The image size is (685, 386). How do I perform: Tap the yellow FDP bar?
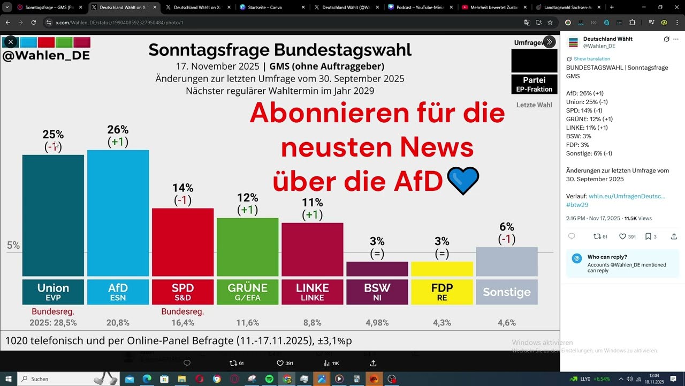pos(442,269)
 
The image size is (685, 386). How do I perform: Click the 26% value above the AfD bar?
pos(118,130)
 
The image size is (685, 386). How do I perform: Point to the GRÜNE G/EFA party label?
pos(247,292)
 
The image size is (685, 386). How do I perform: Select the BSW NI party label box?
pos(377,292)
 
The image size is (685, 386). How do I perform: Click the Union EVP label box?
pos(53,292)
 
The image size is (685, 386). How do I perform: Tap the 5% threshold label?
pos(13,246)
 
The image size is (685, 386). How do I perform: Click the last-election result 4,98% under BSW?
pos(377,323)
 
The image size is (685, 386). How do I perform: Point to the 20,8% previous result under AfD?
pos(118,323)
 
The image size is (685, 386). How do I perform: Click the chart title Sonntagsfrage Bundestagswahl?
pos(280,50)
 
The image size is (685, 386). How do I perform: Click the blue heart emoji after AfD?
pos(462,181)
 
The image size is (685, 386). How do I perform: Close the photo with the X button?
pos(11,41)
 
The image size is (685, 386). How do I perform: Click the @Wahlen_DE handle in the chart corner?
pos(45,56)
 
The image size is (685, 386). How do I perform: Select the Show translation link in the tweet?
pos(591,58)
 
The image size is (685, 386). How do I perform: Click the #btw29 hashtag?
pos(577,205)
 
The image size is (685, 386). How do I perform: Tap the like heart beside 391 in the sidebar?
pos(622,236)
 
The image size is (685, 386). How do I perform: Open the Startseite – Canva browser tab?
pos(270,8)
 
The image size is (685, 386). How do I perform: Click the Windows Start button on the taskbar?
pos(9,379)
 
